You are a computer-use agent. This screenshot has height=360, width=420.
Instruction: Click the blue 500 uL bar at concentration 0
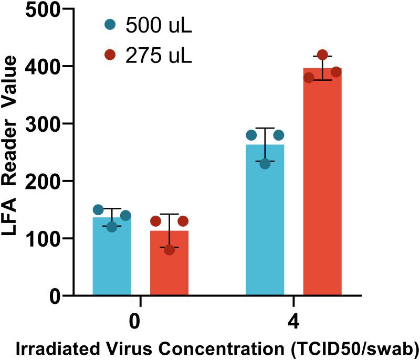coord(112,257)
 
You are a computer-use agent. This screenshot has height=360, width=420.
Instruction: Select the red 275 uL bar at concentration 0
coord(169,262)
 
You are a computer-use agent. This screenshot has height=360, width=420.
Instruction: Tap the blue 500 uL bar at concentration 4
coord(265,220)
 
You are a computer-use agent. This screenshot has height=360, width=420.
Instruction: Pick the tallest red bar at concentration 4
coord(322,184)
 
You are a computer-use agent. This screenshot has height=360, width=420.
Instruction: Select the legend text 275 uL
coord(159,55)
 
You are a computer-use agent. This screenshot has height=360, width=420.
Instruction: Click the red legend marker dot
coord(109,55)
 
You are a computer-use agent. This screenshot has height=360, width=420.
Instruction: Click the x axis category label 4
coord(293,321)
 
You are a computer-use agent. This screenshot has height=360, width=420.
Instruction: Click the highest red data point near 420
coord(322,55)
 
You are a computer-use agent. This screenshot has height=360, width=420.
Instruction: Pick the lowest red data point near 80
coord(169,250)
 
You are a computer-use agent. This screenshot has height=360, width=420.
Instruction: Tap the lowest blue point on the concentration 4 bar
coord(265,164)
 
